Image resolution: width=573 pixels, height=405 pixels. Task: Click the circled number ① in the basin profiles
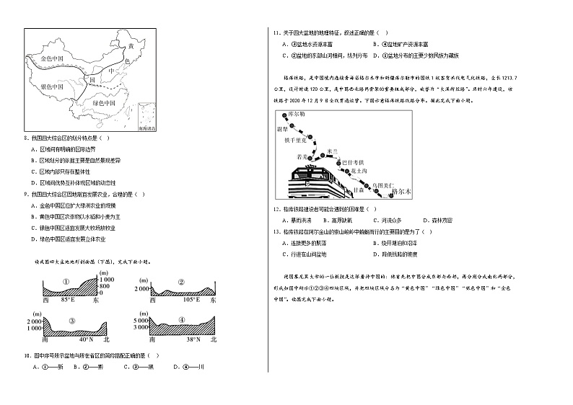pos(66,281)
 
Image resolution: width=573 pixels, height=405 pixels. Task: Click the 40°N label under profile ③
pos(87,339)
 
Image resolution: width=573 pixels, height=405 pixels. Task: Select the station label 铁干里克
pos(297,139)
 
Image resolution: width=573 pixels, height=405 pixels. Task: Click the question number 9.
pos(27,194)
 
